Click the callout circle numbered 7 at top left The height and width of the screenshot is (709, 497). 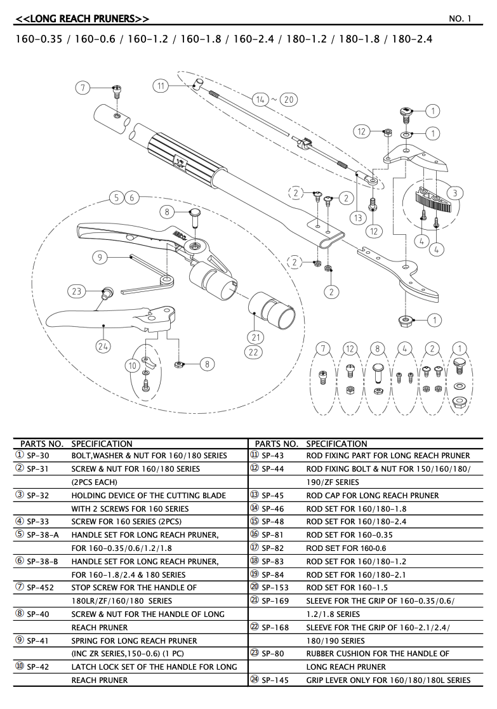(83, 88)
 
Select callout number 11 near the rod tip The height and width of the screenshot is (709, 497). (161, 85)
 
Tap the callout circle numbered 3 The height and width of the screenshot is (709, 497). (454, 193)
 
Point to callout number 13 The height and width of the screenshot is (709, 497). (359, 218)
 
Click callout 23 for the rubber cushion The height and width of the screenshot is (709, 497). (76, 291)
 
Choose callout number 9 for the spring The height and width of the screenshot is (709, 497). (100, 257)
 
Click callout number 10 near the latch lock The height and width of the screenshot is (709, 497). (133, 366)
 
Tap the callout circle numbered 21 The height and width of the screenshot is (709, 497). (256, 336)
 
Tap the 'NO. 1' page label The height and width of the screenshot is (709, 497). (460, 19)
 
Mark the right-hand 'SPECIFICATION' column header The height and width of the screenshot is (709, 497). (336, 444)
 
